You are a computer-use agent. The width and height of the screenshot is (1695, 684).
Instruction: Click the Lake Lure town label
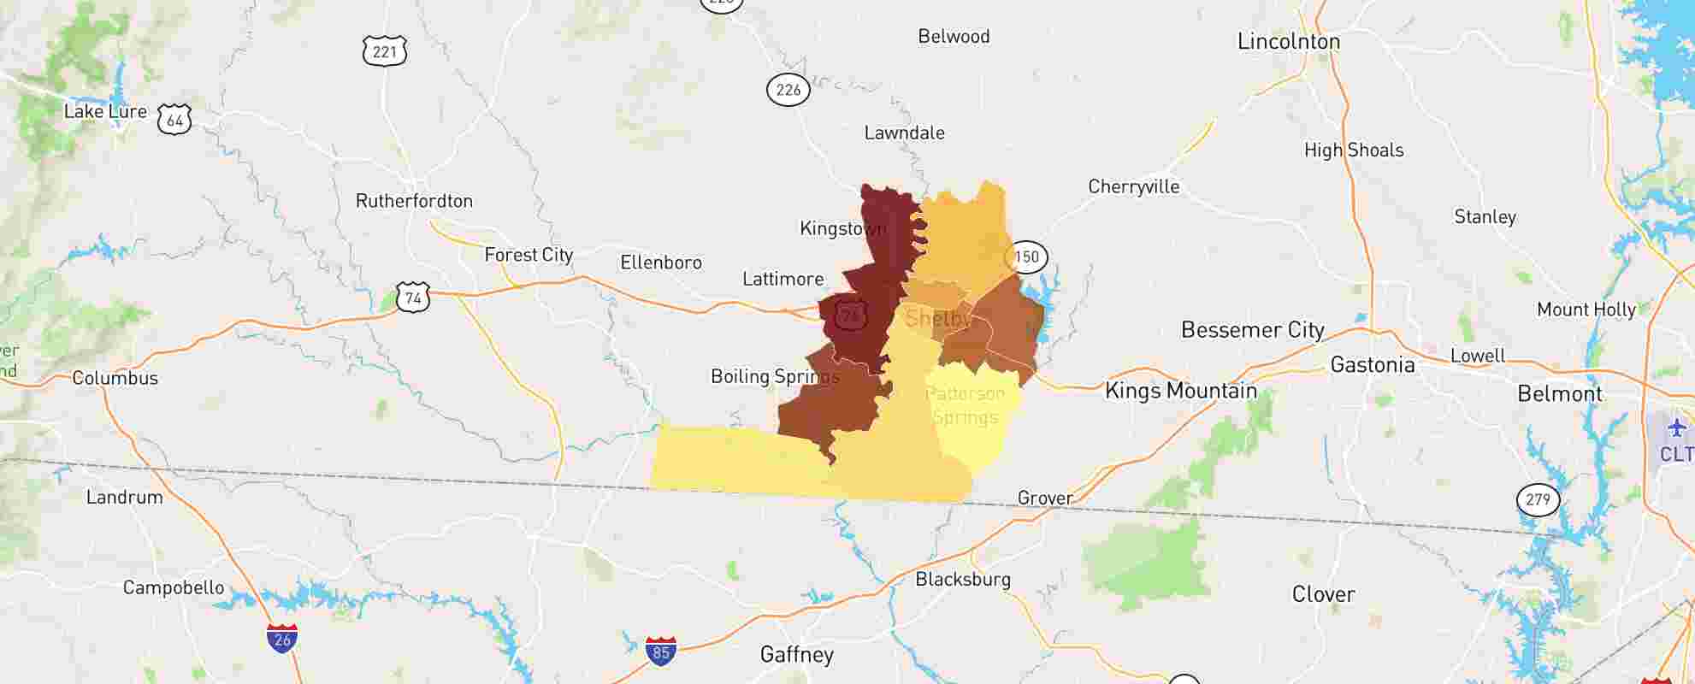[105, 111]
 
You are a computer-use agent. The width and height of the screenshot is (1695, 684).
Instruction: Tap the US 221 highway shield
[384, 52]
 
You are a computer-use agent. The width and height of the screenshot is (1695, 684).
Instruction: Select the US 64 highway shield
[174, 121]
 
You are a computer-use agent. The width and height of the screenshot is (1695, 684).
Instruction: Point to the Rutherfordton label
[414, 201]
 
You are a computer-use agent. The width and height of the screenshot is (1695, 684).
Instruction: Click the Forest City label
[529, 255]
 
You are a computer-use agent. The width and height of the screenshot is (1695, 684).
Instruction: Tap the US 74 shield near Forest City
[413, 298]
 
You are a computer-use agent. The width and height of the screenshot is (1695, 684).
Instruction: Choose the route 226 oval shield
[788, 89]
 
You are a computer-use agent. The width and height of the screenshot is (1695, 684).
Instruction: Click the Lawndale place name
[904, 133]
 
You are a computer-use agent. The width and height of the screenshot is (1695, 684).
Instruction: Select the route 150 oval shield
[1025, 256]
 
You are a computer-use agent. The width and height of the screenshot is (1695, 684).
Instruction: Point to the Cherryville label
[1133, 186]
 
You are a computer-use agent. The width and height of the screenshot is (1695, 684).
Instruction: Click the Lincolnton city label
[1288, 41]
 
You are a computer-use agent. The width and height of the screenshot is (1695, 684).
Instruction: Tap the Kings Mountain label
[1180, 391]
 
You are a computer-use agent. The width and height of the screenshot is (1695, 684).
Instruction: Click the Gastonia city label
[1372, 365]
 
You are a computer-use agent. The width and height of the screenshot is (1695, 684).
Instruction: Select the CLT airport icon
[1675, 428]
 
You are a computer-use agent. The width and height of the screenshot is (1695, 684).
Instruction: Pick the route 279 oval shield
[1537, 499]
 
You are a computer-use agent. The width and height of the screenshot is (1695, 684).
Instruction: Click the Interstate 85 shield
[660, 652]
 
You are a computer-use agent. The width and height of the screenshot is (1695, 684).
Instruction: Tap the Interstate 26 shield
[282, 639]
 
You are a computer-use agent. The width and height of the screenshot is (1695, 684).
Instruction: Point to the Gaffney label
[796, 655]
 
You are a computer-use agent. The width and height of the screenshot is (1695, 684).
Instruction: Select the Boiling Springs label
[774, 376]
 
